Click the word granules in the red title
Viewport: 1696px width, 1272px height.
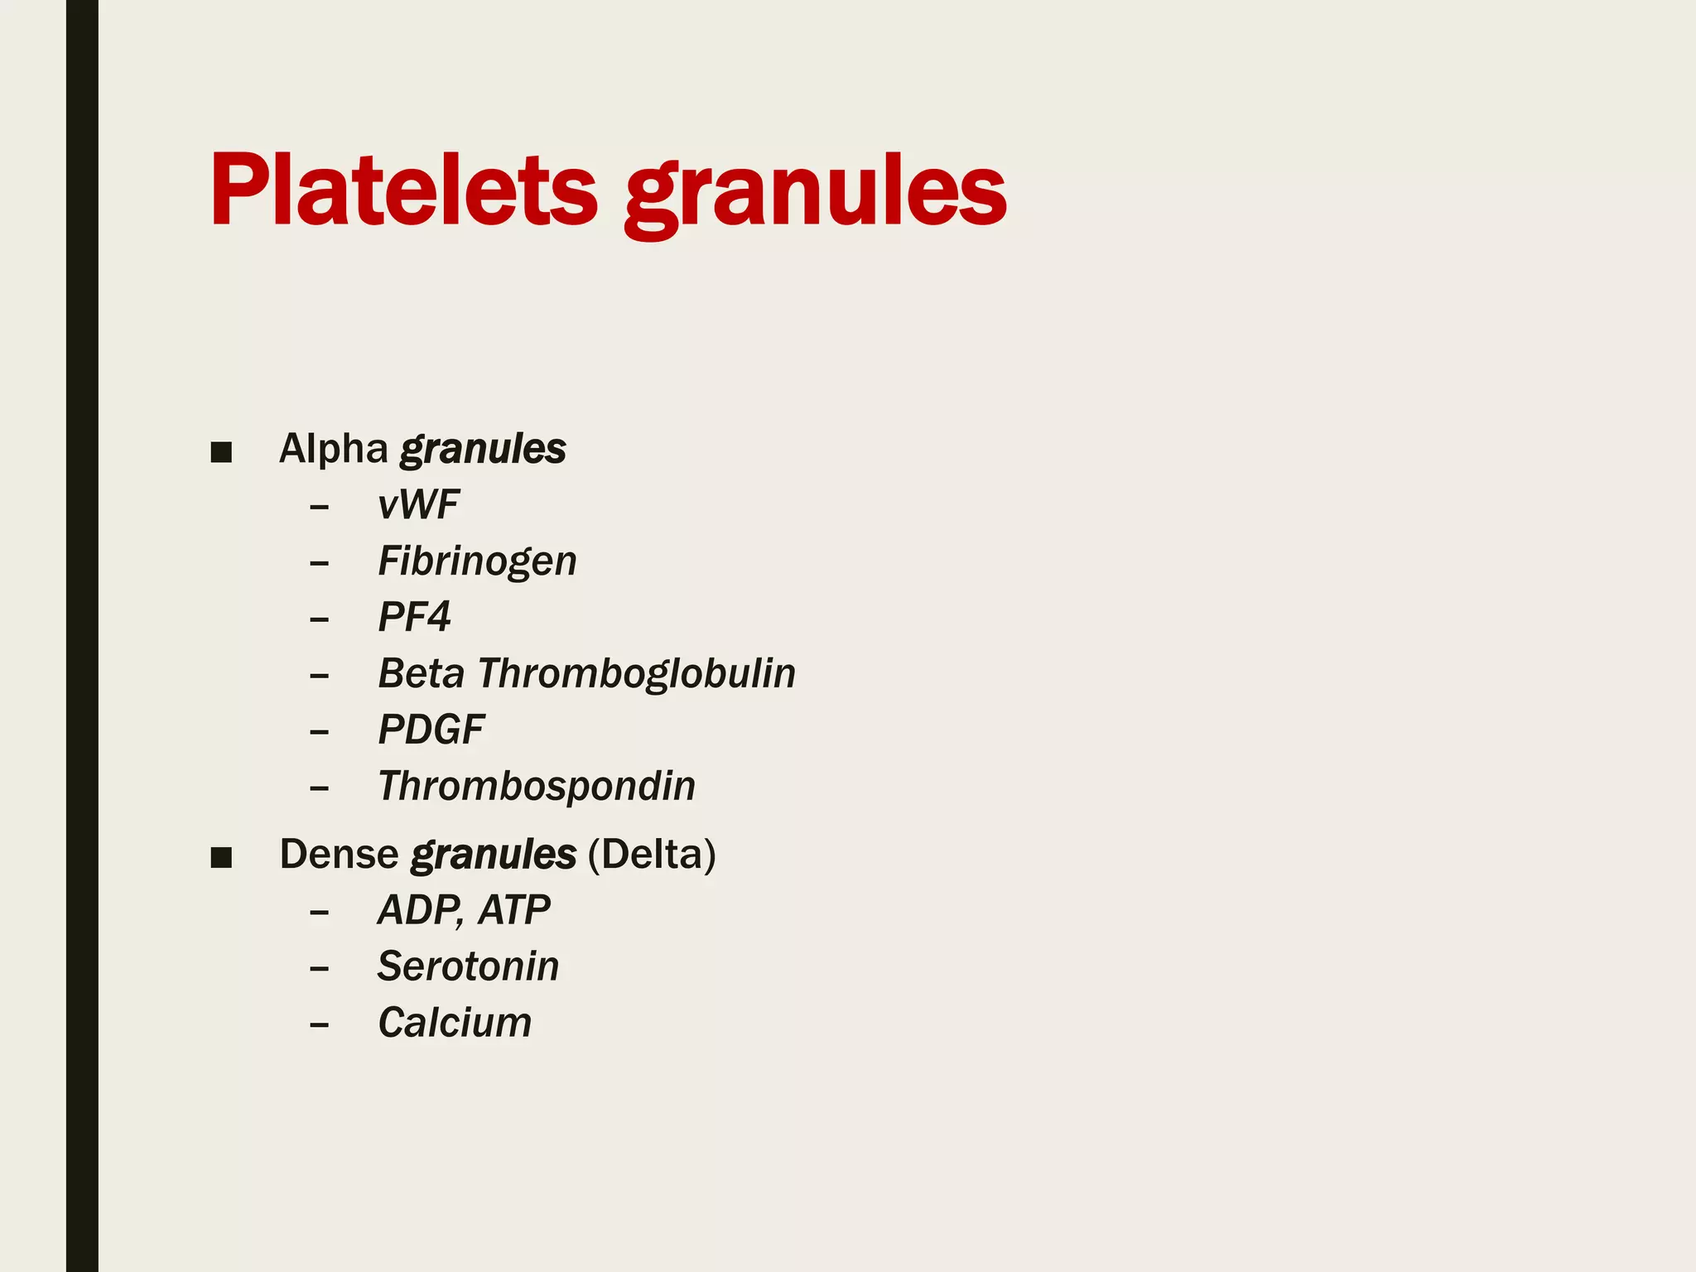tap(815, 192)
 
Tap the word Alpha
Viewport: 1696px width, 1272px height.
tap(333, 449)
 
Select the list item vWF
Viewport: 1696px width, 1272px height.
tap(418, 504)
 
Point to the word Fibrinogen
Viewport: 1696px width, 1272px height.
tap(477, 561)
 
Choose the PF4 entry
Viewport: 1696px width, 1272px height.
tap(414, 617)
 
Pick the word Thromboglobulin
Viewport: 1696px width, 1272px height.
tap(636, 673)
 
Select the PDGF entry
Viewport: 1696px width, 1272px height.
tap(431, 730)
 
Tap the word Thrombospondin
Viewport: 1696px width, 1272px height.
tap(537, 786)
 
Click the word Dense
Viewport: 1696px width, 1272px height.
tap(339, 854)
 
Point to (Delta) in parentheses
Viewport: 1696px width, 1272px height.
tap(652, 854)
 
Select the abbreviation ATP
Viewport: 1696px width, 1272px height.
tap(514, 910)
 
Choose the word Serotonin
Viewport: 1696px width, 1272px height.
tap(468, 966)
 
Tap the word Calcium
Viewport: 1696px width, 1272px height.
tap(455, 1023)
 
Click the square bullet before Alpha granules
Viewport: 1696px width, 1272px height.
tap(221, 452)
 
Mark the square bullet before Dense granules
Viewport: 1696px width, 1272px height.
tap(221, 857)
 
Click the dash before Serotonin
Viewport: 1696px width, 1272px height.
tap(319, 968)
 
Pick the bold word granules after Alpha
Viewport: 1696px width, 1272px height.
tap(483, 450)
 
